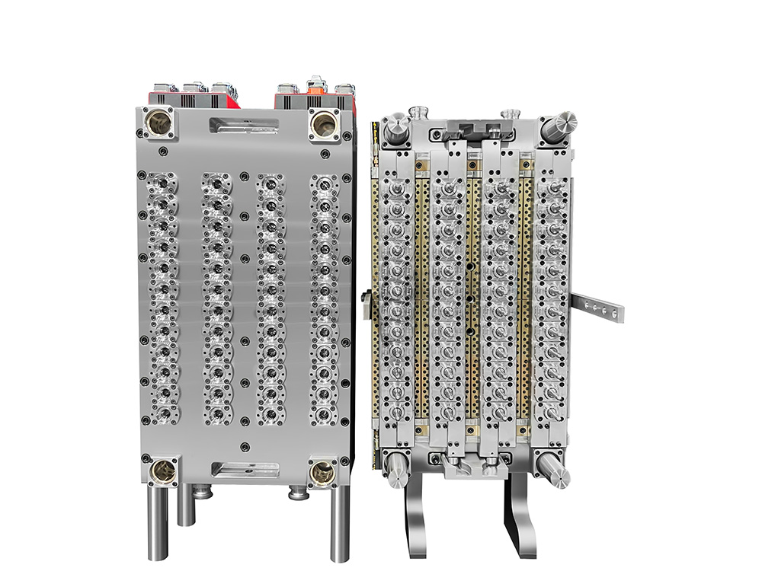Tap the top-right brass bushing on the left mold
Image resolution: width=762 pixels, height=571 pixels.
click(325, 122)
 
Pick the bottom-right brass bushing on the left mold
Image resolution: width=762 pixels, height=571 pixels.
click(325, 473)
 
